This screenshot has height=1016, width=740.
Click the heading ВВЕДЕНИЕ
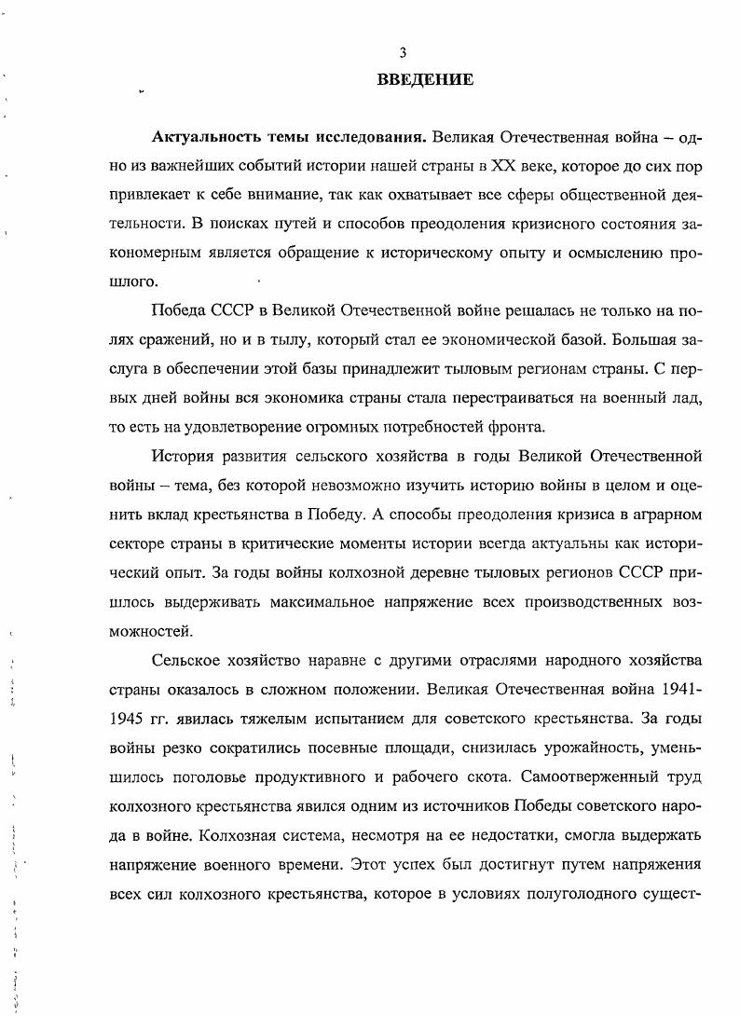[x=425, y=80]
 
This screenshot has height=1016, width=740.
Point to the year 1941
[x=684, y=689]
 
